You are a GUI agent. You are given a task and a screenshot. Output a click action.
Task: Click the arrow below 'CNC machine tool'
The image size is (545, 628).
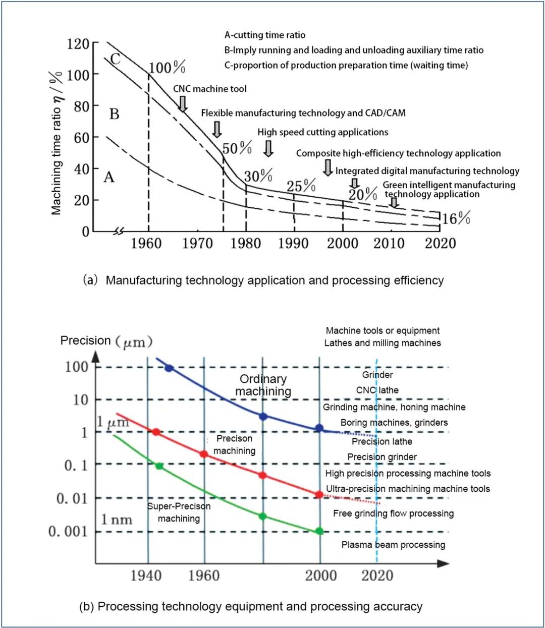click(x=183, y=103)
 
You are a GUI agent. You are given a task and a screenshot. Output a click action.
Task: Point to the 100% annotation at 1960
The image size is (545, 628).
click(x=167, y=67)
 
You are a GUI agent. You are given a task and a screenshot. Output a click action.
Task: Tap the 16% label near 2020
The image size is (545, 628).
click(x=456, y=218)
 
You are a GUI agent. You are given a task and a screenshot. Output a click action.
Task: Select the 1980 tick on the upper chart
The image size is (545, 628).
click(x=246, y=243)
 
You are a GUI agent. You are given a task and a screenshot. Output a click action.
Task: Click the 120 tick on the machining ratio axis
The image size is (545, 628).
click(x=78, y=44)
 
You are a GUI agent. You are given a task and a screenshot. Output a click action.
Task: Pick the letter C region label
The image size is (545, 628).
click(x=115, y=59)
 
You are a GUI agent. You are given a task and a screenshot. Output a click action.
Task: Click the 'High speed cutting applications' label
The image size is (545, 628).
click(x=323, y=132)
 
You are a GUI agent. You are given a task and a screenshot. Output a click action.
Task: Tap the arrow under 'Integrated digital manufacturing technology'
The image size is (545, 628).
click(x=354, y=183)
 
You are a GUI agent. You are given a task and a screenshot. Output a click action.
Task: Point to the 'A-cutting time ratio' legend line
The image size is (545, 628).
click(x=265, y=35)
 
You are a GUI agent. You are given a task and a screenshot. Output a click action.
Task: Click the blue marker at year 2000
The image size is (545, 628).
click(x=319, y=428)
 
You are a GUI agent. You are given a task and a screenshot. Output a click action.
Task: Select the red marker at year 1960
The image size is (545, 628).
click(x=204, y=454)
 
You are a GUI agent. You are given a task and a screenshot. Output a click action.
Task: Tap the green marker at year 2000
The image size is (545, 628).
click(x=319, y=531)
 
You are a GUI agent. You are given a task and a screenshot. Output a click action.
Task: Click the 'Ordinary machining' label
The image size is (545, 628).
click(x=263, y=385)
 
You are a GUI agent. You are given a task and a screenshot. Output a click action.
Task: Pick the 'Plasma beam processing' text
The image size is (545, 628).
click(x=393, y=545)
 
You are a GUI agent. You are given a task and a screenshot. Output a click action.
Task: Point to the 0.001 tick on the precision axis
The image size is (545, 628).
click(x=68, y=531)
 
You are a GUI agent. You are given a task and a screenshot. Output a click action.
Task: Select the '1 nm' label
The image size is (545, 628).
click(x=117, y=519)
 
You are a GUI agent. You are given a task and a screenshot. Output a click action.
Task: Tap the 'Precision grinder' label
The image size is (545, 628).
click(x=382, y=457)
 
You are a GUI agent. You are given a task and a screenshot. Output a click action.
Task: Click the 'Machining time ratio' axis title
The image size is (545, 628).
click(x=57, y=143)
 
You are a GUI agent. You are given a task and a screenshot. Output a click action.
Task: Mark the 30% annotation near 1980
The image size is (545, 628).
click(x=258, y=176)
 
